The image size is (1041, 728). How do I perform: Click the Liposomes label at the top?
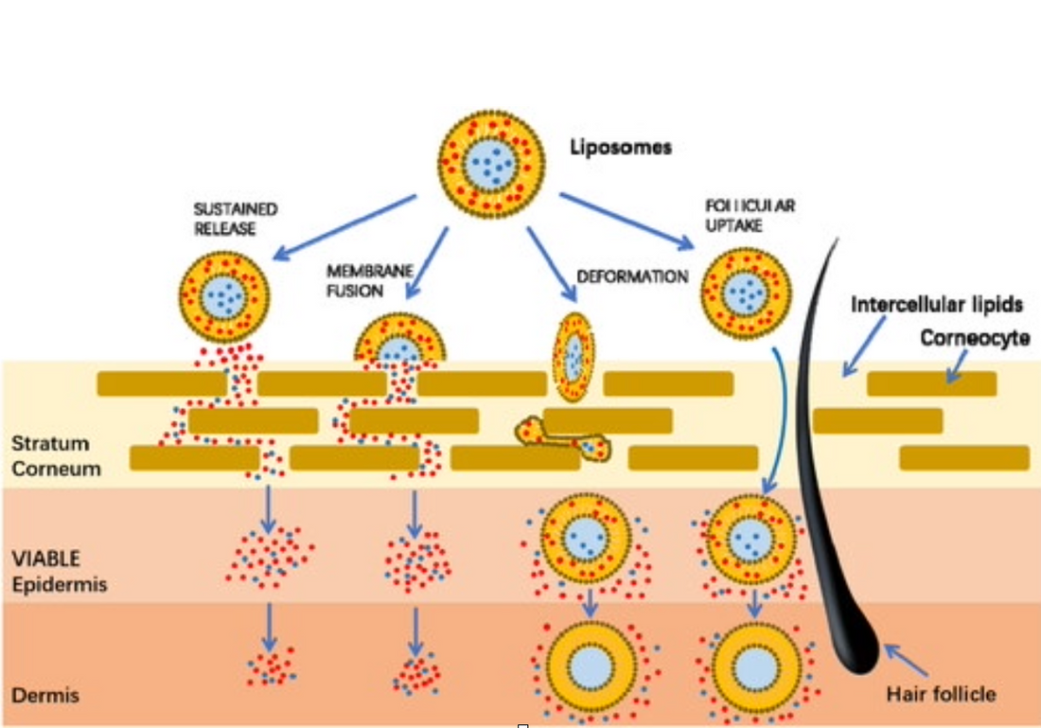tap(620, 148)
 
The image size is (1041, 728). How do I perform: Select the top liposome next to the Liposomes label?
tap(490, 165)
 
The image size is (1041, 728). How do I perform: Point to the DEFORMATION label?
tap(631, 277)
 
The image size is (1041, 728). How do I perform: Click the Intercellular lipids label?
tap(937, 306)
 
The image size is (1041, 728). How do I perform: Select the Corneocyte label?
tap(976, 337)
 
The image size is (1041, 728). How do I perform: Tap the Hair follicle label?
tap(941, 694)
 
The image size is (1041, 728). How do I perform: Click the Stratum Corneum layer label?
tap(56, 455)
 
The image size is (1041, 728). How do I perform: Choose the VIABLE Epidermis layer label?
tap(59, 572)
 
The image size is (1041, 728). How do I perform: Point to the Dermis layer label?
tap(44, 696)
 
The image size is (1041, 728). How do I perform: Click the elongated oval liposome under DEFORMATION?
tap(573, 357)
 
